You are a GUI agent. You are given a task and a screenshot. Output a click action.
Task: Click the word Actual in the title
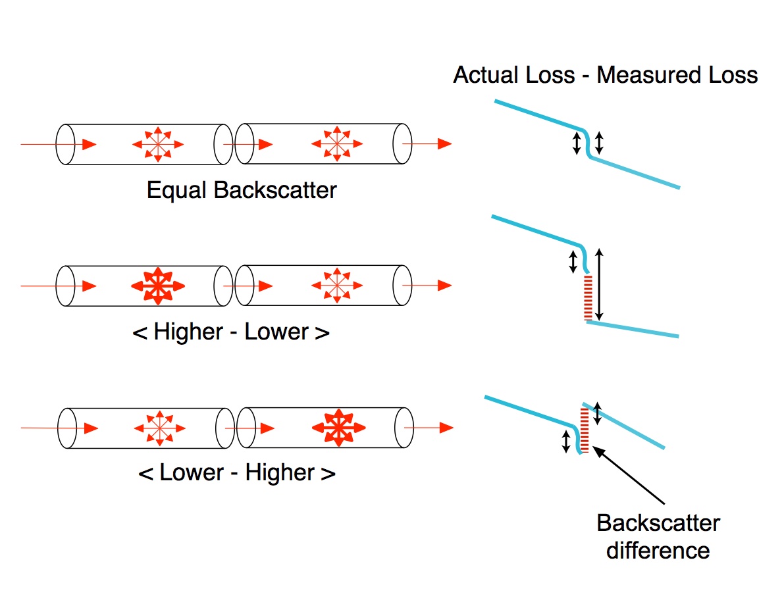[x=486, y=75]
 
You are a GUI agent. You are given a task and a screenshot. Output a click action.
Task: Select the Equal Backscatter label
[x=242, y=191]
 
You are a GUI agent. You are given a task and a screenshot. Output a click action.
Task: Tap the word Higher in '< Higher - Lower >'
[x=188, y=332]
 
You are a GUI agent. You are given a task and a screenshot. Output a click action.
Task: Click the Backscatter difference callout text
[x=658, y=536]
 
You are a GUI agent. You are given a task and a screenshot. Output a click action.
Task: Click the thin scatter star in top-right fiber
[x=336, y=143]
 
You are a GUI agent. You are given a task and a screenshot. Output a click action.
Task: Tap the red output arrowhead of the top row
[x=444, y=143]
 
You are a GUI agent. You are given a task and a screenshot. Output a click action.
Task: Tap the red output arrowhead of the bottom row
[x=446, y=428]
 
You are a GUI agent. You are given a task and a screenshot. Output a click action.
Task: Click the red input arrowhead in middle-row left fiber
[x=89, y=286]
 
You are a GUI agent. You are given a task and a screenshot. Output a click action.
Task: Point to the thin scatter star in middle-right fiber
[x=336, y=286]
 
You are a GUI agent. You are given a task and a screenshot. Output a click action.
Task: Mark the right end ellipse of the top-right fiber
[x=402, y=143]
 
